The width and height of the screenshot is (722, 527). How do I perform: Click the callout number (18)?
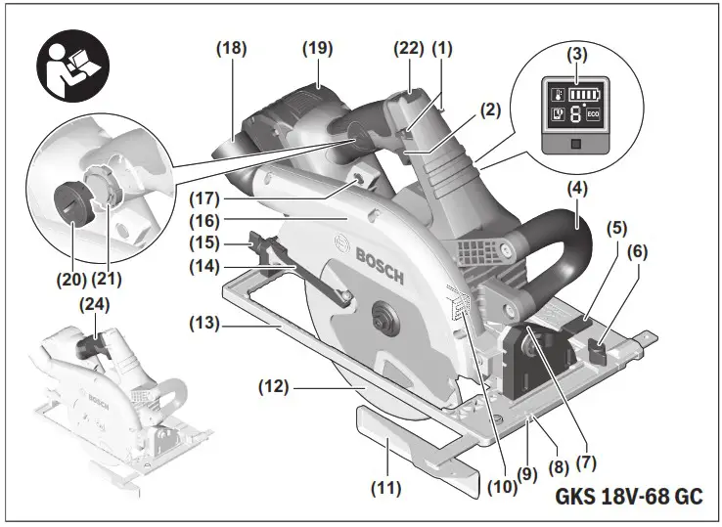click(233, 47)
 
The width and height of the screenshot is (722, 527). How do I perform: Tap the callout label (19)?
click(317, 47)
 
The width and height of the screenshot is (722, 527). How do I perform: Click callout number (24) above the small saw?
click(94, 304)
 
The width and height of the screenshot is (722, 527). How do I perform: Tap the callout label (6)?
click(638, 250)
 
